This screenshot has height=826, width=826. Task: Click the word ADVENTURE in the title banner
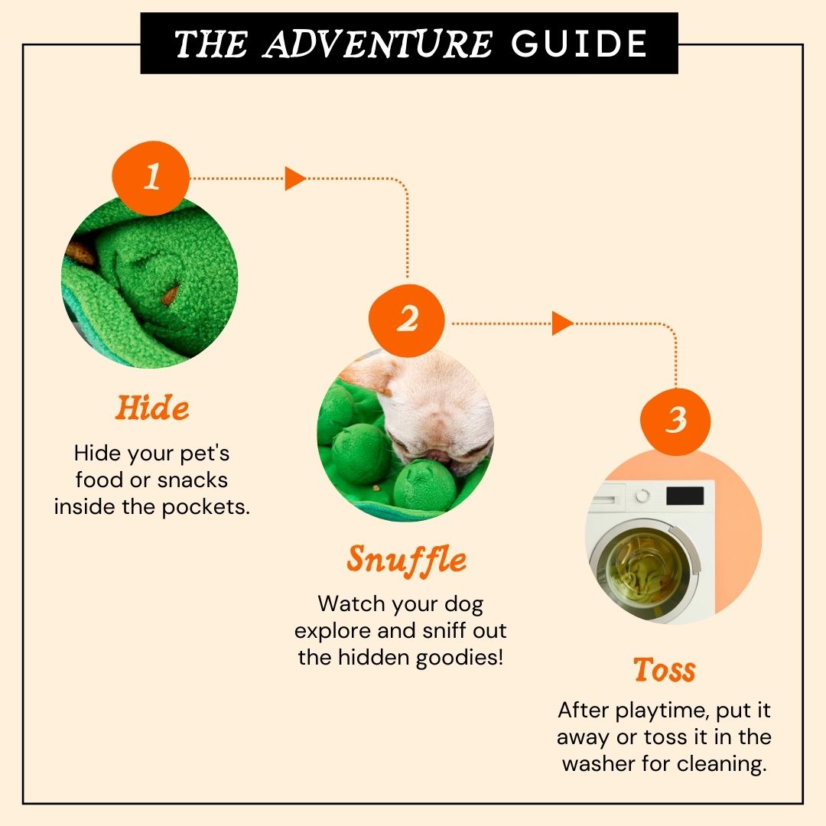[x=378, y=44]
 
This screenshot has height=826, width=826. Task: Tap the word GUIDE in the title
[x=579, y=44]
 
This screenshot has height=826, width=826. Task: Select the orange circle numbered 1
[x=151, y=177]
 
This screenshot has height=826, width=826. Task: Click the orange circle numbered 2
[x=406, y=320]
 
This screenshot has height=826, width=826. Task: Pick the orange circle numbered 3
[x=675, y=421]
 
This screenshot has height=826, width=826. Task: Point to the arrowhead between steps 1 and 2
[x=295, y=178]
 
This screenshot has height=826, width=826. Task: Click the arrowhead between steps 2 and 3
[x=562, y=323]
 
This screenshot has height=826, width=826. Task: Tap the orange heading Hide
[x=151, y=408]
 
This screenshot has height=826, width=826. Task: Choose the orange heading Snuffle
[x=406, y=559]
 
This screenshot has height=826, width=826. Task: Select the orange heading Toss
[x=665, y=669]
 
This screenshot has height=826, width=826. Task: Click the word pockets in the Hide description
[x=206, y=507]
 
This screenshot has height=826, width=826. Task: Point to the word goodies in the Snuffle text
[x=460, y=658]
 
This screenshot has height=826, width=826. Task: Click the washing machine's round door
[x=645, y=571]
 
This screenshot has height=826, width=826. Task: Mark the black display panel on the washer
[x=685, y=496]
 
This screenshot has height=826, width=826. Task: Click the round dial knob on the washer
[x=642, y=496]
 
